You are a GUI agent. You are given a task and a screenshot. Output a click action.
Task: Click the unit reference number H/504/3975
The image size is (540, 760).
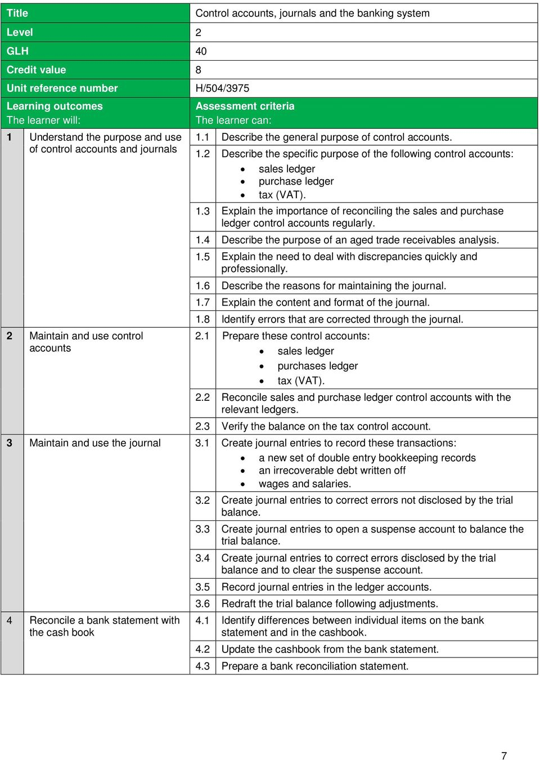[x=222, y=88]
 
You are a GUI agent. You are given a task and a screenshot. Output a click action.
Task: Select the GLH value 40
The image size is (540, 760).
[x=201, y=51]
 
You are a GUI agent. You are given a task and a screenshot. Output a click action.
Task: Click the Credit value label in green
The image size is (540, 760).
[x=36, y=70]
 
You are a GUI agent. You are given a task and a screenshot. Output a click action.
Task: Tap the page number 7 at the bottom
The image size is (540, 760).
[x=504, y=755]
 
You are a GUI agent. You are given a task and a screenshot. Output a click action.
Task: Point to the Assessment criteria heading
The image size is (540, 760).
[x=245, y=106]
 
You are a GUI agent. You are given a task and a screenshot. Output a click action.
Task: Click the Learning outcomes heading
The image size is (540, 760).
[x=55, y=106]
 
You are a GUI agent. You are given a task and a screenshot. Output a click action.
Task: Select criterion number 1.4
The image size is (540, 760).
[x=202, y=240]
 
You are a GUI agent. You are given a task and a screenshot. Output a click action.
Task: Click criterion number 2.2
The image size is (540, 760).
[x=202, y=397]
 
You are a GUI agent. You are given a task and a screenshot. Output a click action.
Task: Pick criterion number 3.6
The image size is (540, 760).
[x=202, y=603]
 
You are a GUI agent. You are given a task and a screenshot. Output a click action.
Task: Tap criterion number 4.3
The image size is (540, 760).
[x=202, y=666]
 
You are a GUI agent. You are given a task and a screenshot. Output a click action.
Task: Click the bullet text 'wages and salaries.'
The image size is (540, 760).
[x=304, y=484]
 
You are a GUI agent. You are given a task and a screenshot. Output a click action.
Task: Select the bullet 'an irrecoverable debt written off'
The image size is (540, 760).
[x=332, y=470]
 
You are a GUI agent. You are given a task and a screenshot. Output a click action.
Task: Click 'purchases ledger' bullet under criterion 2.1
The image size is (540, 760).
[x=317, y=366]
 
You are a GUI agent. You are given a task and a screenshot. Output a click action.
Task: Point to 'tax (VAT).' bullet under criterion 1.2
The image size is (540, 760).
[x=282, y=195]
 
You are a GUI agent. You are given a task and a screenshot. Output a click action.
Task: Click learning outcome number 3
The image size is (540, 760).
[x=10, y=443]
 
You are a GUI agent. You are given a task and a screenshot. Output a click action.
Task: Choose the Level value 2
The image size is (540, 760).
[x=198, y=33]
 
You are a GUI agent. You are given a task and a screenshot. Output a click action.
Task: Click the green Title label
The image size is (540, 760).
[x=17, y=13]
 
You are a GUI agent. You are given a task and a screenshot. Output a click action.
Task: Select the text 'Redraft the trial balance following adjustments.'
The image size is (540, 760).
[x=330, y=603]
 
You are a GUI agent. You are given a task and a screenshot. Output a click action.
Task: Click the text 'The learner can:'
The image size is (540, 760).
[x=233, y=120]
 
